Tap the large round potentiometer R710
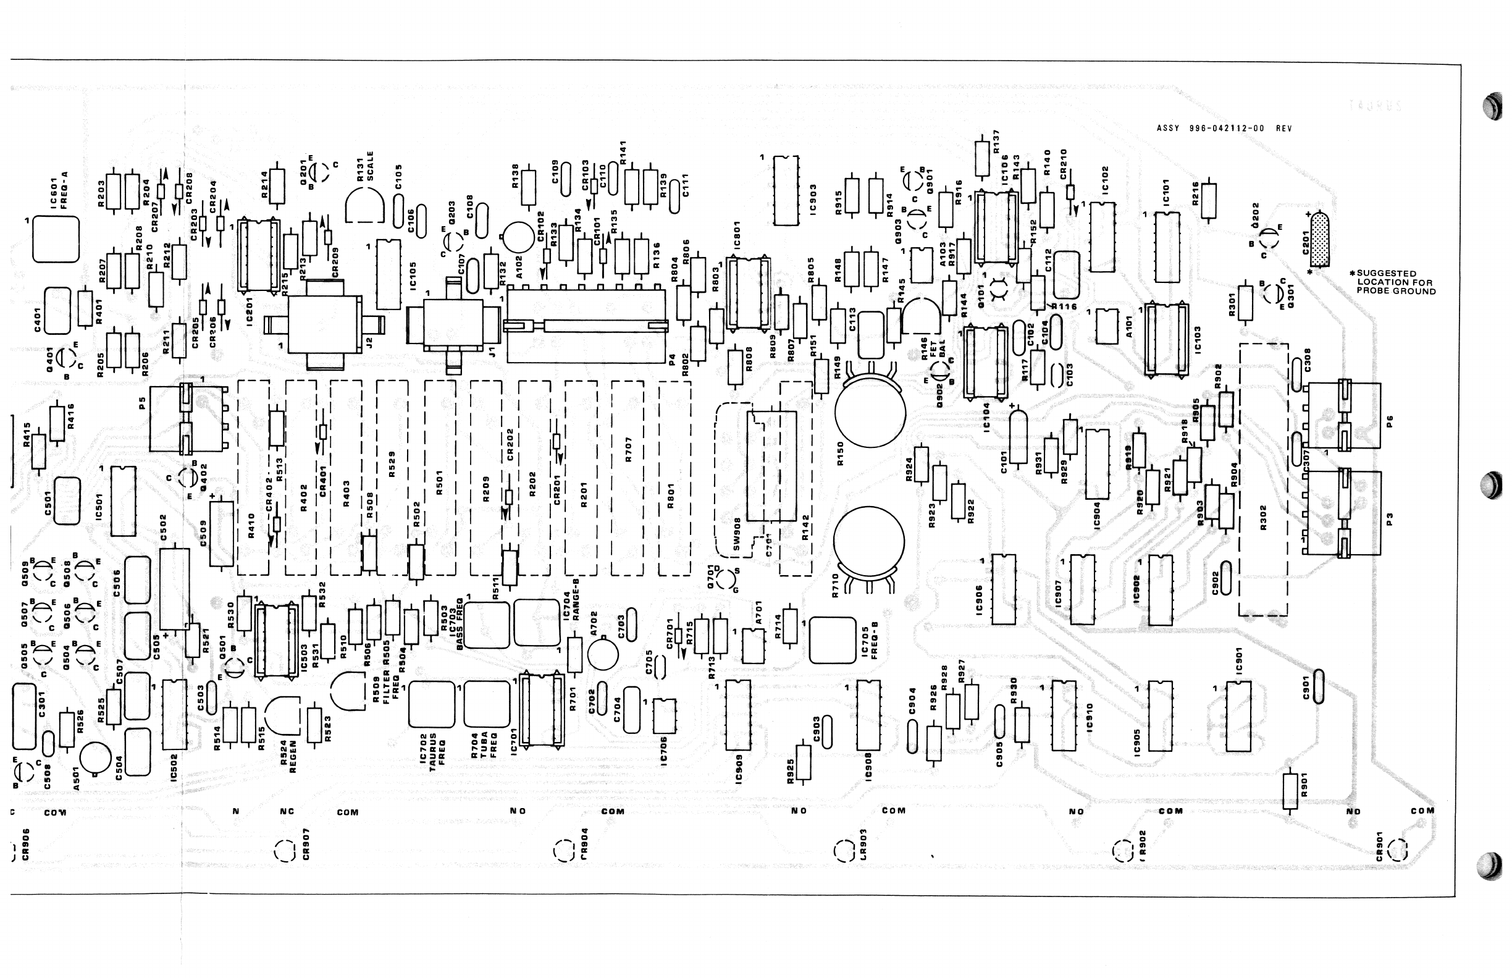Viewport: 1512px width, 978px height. (x=868, y=541)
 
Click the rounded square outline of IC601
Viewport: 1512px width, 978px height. (x=56, y=240)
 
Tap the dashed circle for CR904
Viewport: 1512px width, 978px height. (x=564, y=850)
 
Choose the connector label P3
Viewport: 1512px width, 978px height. (x=1390, y=519)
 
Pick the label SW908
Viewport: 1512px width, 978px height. (x=736, y=533)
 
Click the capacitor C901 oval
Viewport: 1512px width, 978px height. (x=1319, y=686)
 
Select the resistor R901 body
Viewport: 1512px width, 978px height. (x=1290, y=791)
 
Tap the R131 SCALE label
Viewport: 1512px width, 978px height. (x=365, y=166)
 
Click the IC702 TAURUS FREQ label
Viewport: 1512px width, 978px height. (x=432, y=749)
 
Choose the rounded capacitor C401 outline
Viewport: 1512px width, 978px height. (x=57, y=311)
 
